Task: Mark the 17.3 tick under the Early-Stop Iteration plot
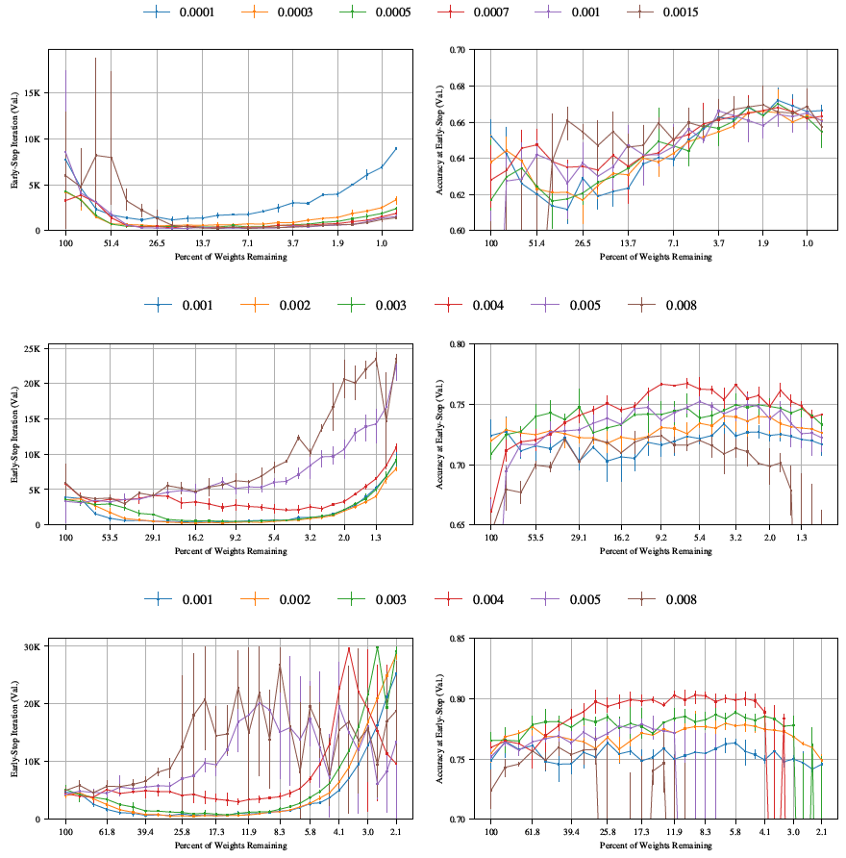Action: click(216, 835)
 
